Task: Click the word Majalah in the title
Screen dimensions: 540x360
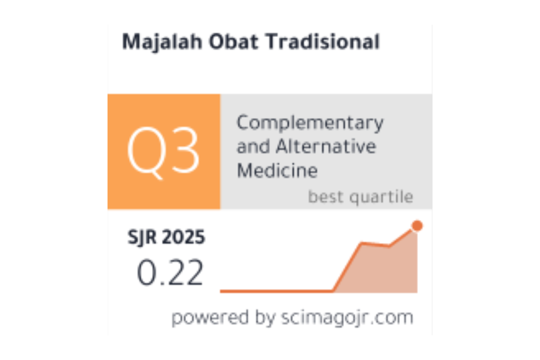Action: tap(162, 42)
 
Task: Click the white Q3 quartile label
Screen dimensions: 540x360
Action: tap(163, 152)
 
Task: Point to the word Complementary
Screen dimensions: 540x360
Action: tap(310, 123)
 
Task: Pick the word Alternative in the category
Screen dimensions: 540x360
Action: tap(326, 146)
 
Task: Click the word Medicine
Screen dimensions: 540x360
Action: tap(277, 170)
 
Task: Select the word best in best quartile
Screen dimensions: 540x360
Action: tap(326, 196)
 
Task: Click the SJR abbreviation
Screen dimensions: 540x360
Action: tap(141, 237)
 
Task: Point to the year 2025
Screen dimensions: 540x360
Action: tap(183, 237)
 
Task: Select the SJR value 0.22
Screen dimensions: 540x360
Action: tap(170, 272)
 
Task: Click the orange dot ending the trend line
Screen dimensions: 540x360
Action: tap(417, 225)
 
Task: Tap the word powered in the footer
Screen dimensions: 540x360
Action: tap(210, 317)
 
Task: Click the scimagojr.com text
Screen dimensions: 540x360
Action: tap(347, 317)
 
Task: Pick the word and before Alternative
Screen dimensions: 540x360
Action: tap(253, 146)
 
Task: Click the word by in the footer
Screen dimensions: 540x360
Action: tap(265, 317)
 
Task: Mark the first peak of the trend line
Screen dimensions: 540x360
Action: tap(361, 243)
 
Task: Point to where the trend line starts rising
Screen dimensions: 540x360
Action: tap(332, 291)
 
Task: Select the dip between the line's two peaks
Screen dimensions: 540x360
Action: tap(389, 246)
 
